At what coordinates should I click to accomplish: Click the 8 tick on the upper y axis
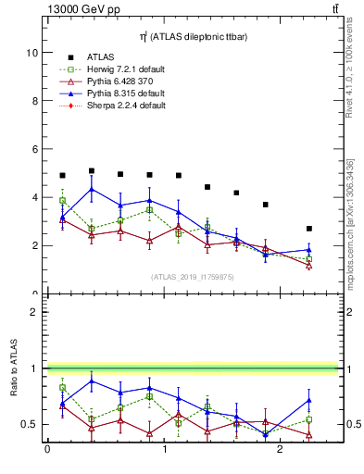(x=33, y=101)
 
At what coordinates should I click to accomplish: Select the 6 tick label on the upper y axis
(x=33, y=149)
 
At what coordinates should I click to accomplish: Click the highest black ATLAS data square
(x=92, y=170)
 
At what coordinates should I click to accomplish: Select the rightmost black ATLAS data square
(x=309, y=229)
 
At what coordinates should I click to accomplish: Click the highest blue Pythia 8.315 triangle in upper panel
(x=92, y=189)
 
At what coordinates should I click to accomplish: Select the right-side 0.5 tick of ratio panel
(x=345, y=424)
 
